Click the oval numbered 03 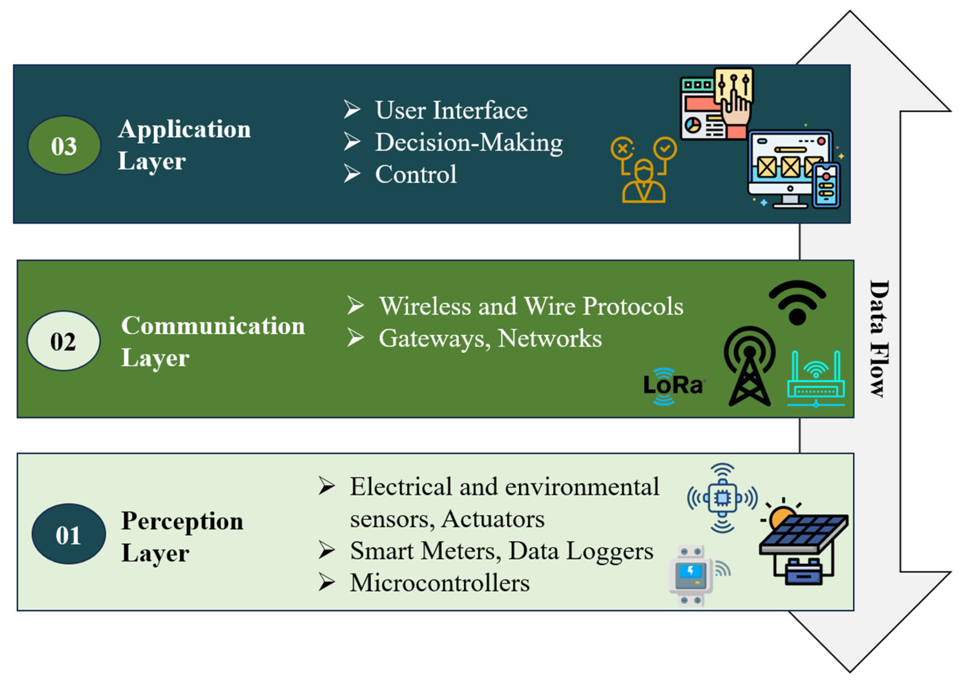click(64, 145)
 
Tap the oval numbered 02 click(64, 341)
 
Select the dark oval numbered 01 click(68, 534)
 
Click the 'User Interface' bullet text click(451, 110)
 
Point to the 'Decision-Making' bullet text click(469, 142)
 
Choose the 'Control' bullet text click(416, 174)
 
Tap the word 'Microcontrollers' click(440, 583)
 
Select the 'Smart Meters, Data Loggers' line click(502, 551)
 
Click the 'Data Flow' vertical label click(879, 338)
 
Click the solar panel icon click(803, 542)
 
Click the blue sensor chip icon click(722, 498)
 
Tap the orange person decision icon click(643, 170)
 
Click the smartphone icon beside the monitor click(826, 185)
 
